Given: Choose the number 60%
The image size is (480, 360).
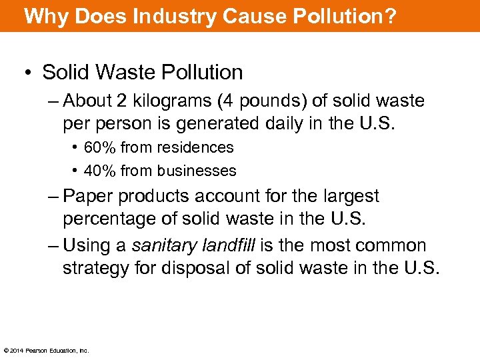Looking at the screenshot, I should (x=99, y=147).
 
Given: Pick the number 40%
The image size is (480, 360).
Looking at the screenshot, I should (x=99, y=171).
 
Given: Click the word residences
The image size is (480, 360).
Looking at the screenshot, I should (x=197, y=147).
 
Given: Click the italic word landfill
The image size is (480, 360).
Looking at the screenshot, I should (x=227, y=246).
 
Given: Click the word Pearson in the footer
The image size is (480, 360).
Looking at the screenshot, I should (x=38, y=351).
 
